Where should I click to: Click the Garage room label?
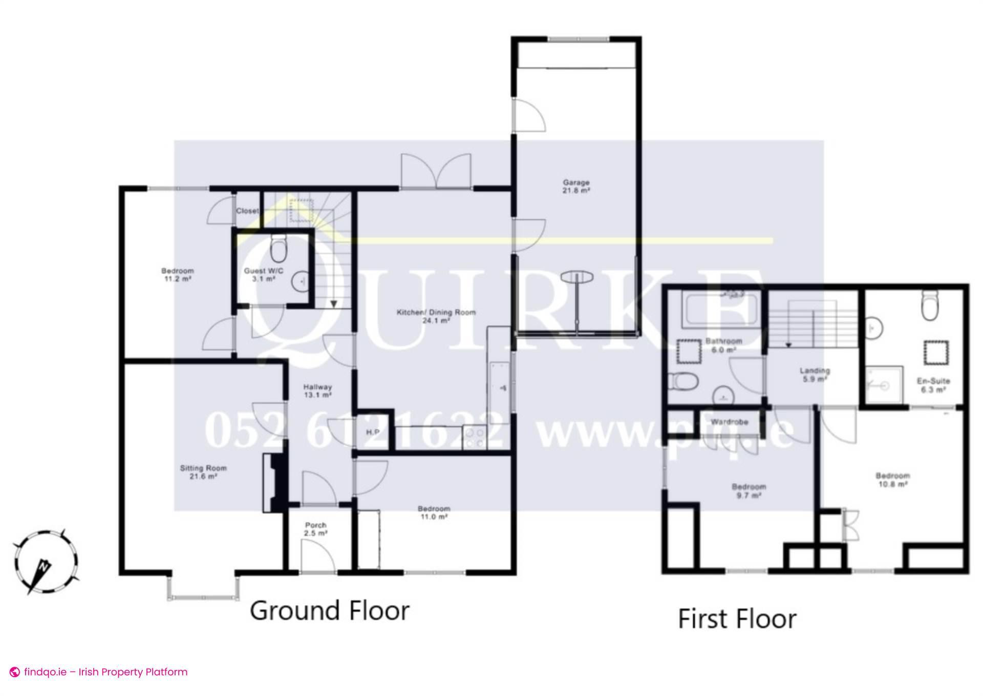tap(576, 186)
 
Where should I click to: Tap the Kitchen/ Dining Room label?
tap(436, 316)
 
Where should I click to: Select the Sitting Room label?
tap(203, 472)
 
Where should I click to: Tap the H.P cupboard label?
tap(373, 432)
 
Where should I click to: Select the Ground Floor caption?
tap(329, 610)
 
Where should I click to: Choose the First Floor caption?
tap(737, 619)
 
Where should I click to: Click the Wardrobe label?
tap(729, 422)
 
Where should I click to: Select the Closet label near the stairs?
tap(247, 211)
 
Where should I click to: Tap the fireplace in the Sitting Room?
tap(274, 482)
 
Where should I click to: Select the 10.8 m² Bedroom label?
tap(892, 480)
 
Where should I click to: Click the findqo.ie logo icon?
tap(15, 672)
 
